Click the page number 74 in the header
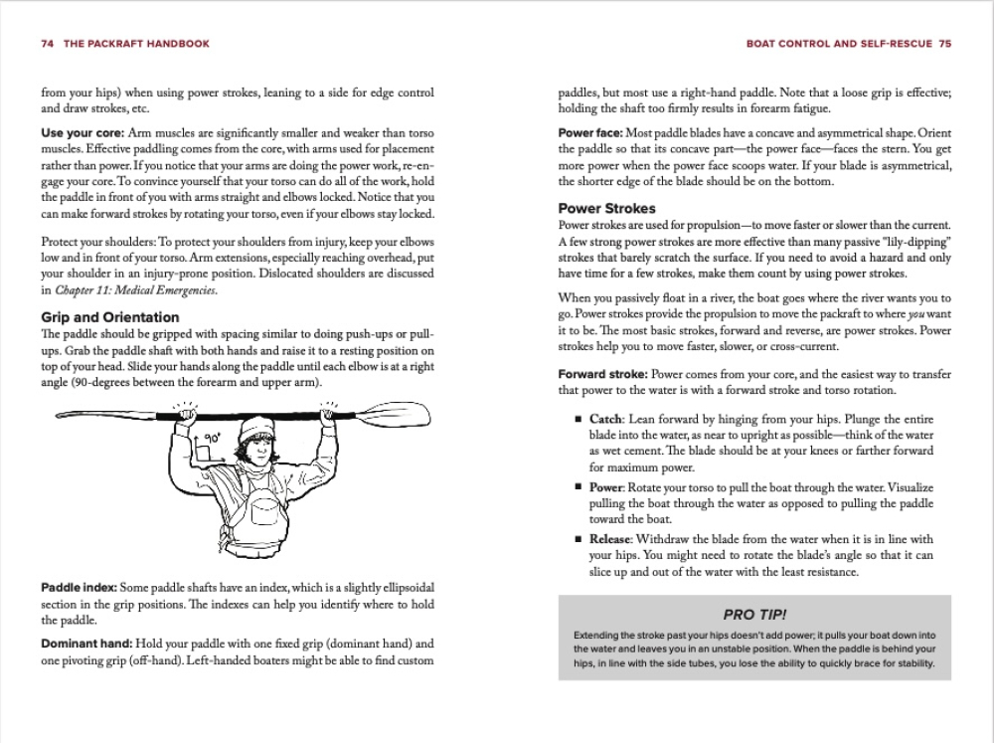[47, 44]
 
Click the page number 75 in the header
[944, 44]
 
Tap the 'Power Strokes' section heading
[606, 209]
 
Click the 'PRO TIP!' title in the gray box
[754, 615]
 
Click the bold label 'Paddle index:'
[79, 588]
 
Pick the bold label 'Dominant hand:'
[85, 644]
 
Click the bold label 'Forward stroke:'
[602, 374]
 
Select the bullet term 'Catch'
[607, 420]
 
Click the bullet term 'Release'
[614, 539]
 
